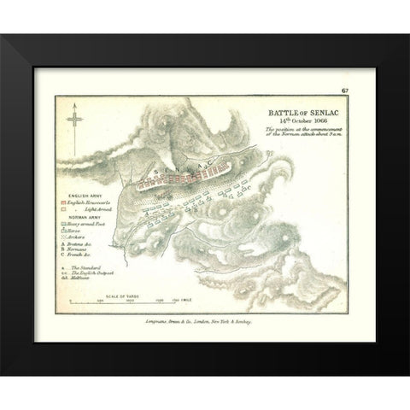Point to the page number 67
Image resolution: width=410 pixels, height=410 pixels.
click(x=343, y=89)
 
